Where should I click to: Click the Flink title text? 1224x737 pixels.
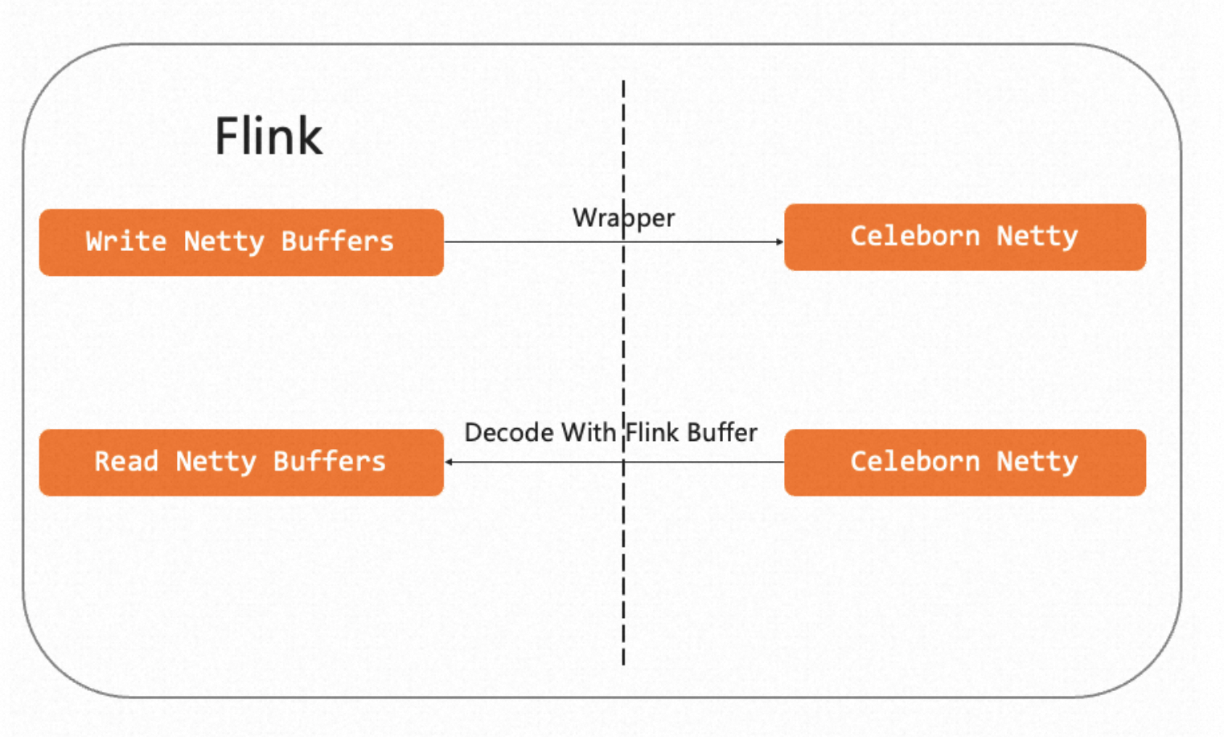[269, 136]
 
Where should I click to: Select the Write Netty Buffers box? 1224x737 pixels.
[241, 242]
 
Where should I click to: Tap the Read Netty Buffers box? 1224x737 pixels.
[241, 463]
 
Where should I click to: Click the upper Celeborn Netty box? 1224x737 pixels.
[965, 237]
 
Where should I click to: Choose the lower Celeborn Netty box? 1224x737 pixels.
[965, 463]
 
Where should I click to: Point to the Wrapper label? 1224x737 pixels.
[623, 219]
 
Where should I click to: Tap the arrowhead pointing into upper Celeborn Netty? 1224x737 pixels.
[779, 241]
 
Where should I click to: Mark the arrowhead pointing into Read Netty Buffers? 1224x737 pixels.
[449, 462]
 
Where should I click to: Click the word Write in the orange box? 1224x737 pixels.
[125, 241]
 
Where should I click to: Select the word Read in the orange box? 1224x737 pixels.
[126, 462]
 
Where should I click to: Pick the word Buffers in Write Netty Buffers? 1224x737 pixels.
[337, 241]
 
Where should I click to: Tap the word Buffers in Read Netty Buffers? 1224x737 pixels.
[330, 462]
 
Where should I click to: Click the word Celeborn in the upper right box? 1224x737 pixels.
[914, 237]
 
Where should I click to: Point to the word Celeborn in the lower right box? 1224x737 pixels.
[914, 462]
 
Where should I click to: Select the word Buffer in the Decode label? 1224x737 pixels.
[722, 433]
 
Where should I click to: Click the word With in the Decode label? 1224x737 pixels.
[589, 433]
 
